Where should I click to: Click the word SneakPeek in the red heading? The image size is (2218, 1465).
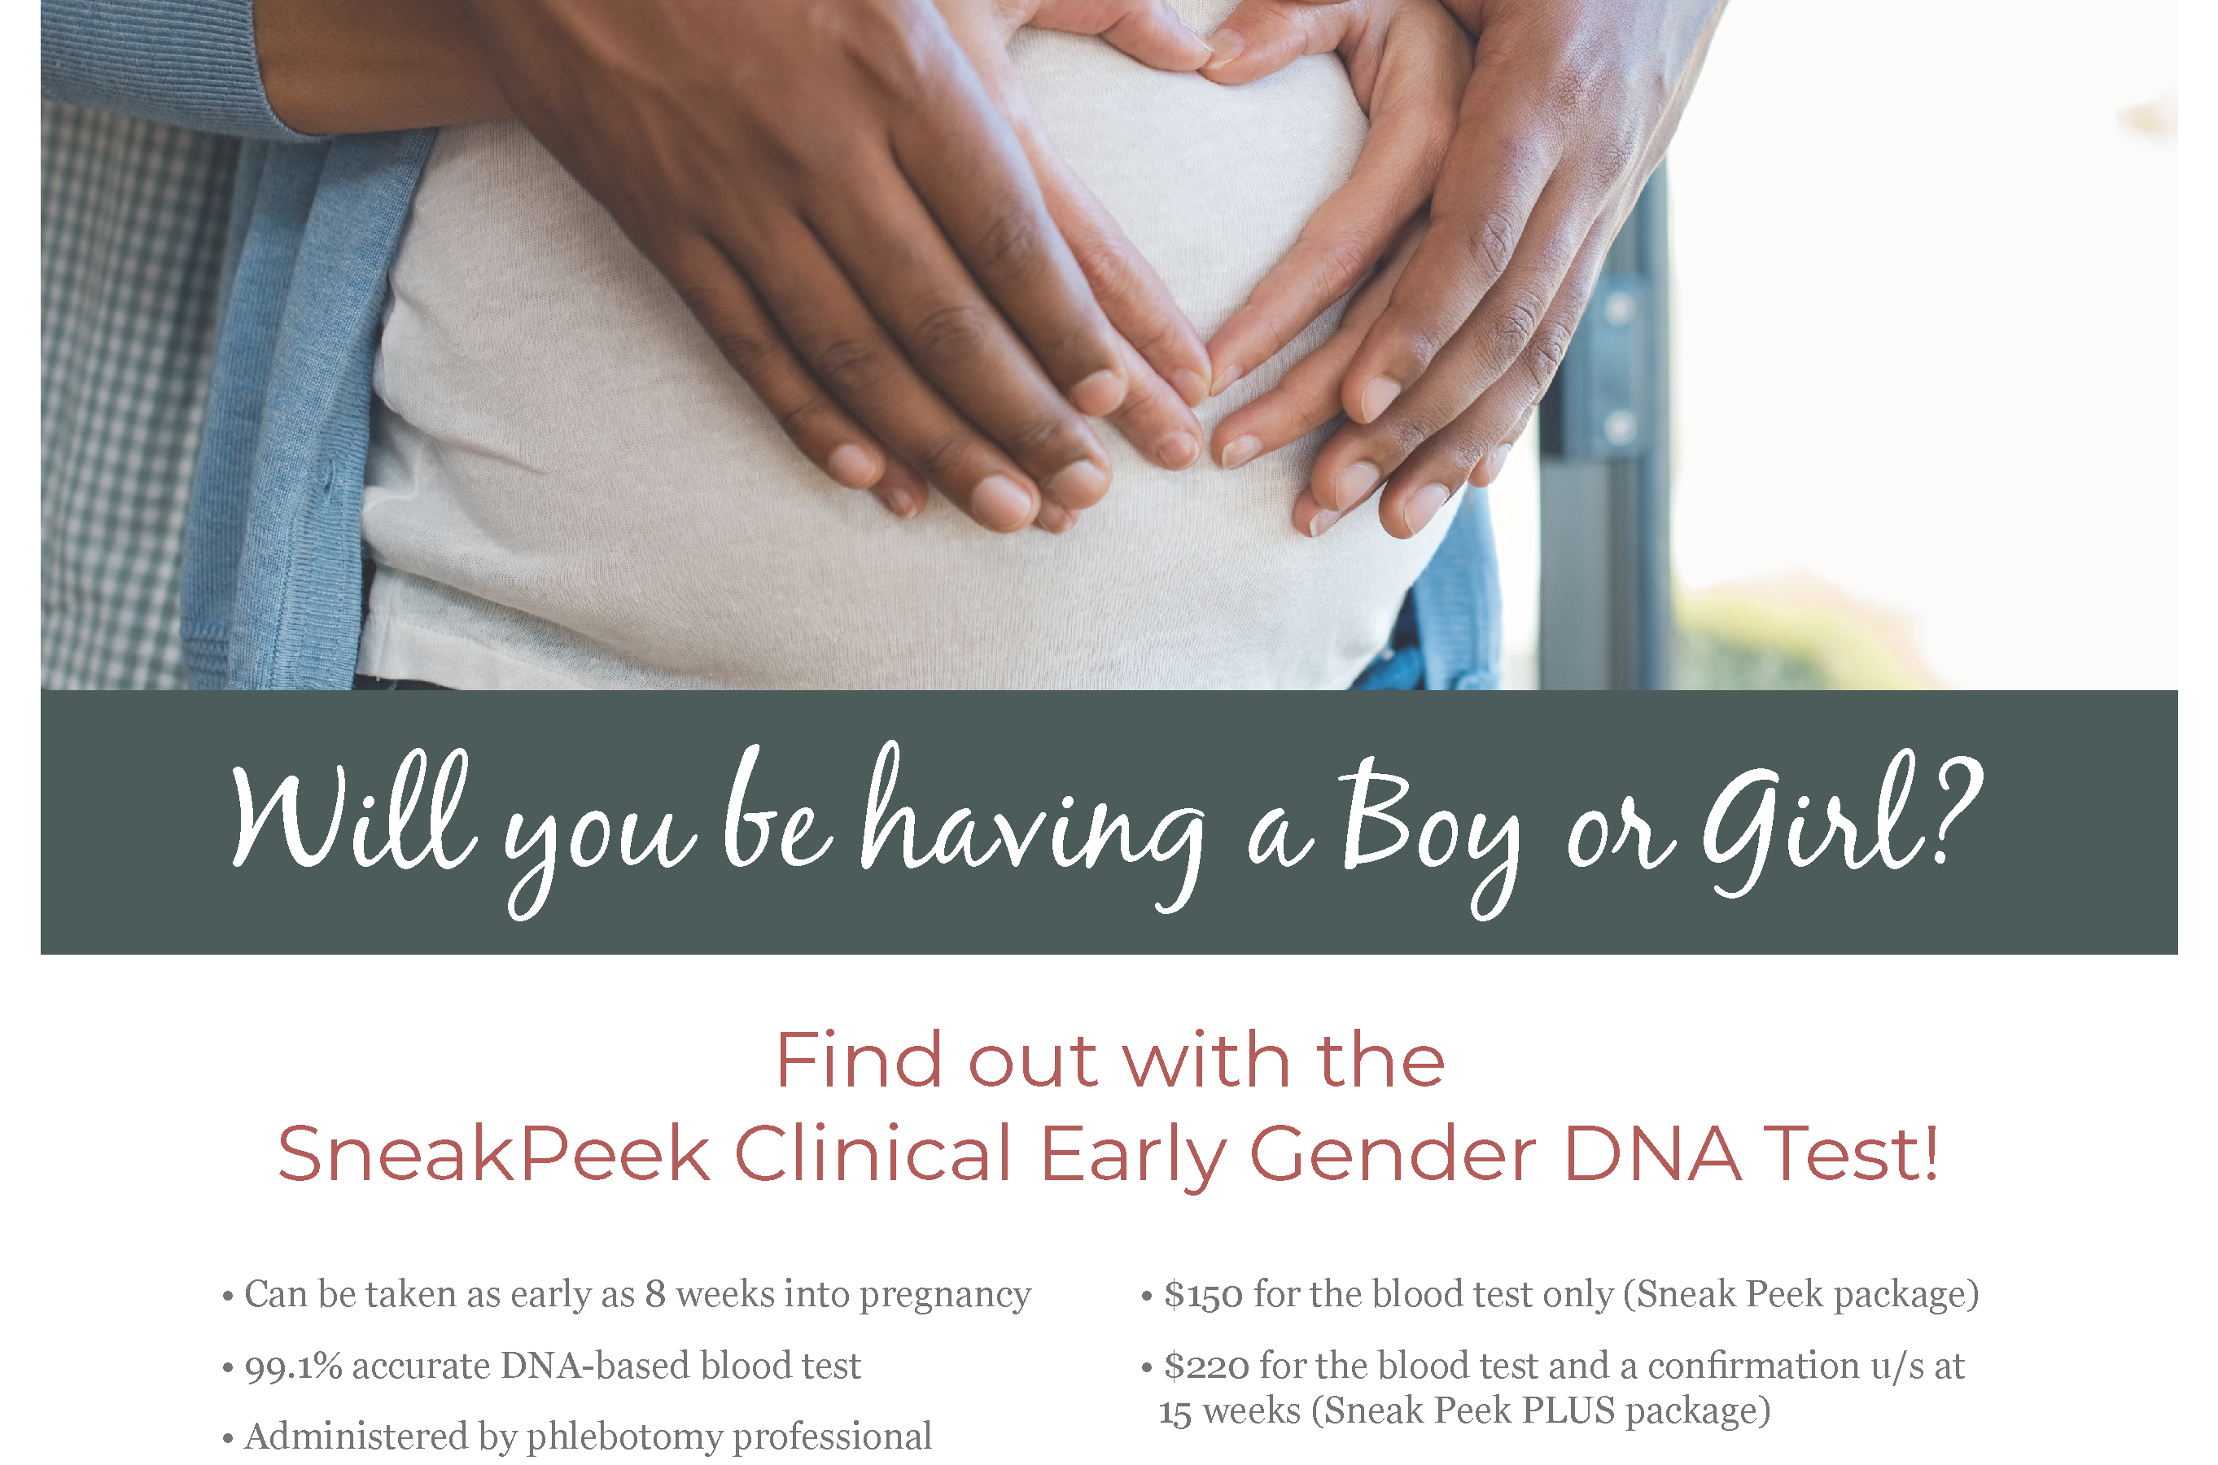tap(493, 1153)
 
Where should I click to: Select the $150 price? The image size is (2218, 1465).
tap(1203, 1294)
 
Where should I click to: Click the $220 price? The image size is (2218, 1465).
tap(1206, 1365)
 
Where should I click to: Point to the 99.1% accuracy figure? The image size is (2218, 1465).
tap(293, 1366)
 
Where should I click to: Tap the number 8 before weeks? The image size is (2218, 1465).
tap(655, 1294)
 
